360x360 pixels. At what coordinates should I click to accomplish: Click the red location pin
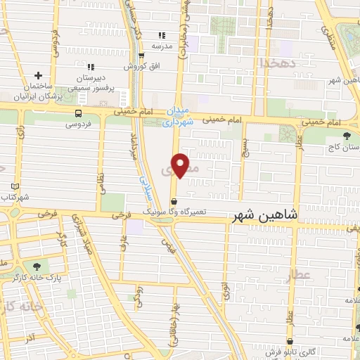coord(181,165)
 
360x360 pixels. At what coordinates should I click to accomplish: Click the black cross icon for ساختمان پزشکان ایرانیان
coord(38,75)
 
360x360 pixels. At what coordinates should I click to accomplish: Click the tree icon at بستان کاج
coord(346,136)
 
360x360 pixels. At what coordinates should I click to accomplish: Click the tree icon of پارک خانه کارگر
coord(36,266)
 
